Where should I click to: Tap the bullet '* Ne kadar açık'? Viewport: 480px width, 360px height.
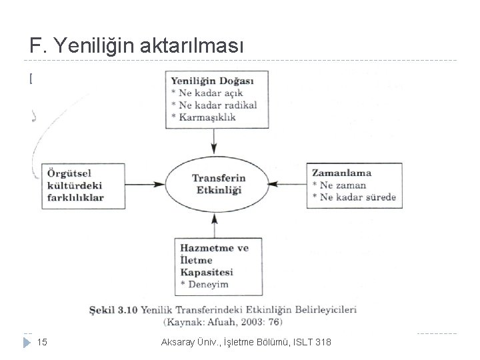tap(207, 93)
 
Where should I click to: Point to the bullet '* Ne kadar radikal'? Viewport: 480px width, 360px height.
tap(214, 105)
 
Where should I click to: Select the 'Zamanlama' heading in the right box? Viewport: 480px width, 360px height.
tap(341, 173)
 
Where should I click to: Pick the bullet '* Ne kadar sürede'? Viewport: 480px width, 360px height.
tap(353, 197)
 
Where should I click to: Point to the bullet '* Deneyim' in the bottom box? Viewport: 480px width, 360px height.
tap(201, 285)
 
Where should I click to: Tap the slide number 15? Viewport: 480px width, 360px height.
tap(41, 343)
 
